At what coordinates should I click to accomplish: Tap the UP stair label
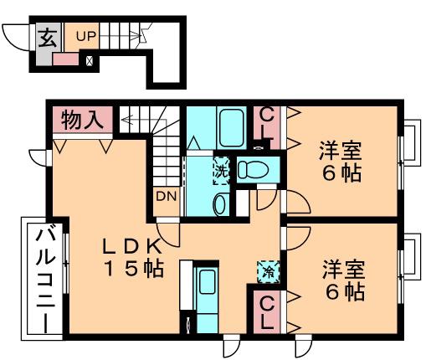tap(86, 36)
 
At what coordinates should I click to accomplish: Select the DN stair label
tap(166, 197)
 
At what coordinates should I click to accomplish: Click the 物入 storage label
tap(82, 120)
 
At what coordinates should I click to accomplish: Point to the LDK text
tap(132, 245)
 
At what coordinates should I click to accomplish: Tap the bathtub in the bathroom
tap(231, 127)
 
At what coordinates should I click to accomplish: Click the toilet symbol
tap(253, 169)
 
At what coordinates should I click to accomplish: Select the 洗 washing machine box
tap(222, 171)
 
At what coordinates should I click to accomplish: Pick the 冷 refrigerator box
tap(269, 271)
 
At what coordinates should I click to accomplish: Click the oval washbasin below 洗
tap(220, 204)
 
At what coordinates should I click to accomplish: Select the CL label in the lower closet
tap(267, 313)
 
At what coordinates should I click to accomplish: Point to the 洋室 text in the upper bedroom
tap(341, 151)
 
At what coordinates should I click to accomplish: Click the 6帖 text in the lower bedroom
tap(345, 292)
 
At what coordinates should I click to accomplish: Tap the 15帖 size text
tap(133, 269)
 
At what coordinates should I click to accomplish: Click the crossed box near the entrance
tap(90, 60)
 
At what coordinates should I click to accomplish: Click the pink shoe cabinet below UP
tap(65, 59)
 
